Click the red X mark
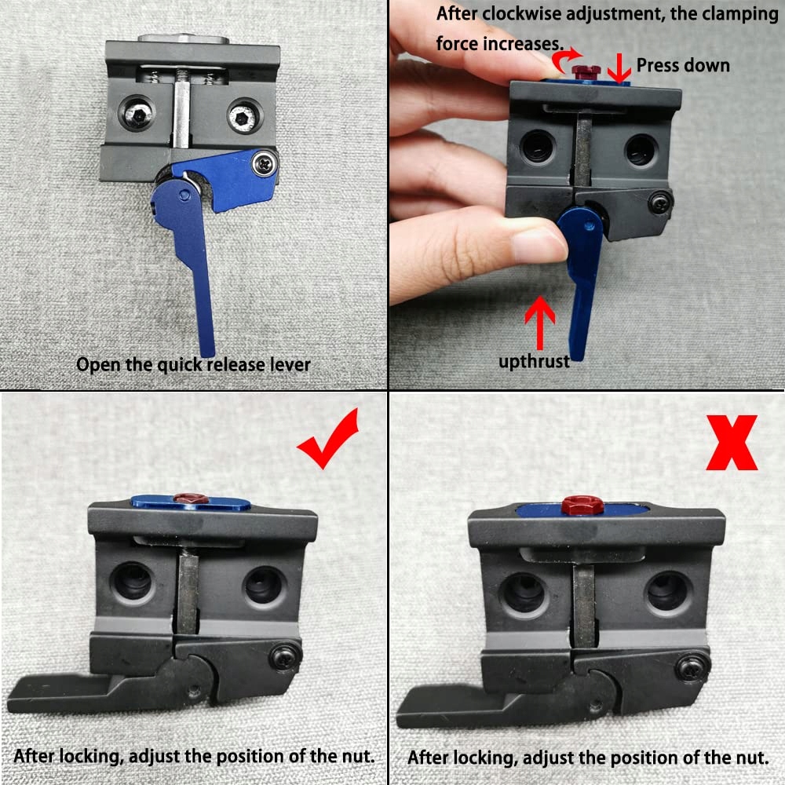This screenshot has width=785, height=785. [732, 443]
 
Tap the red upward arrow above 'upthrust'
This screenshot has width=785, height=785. [540, 323]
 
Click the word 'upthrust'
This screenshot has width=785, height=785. [534, 361]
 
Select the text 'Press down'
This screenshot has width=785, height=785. [683, 66]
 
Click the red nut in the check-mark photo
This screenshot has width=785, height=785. [190, 498]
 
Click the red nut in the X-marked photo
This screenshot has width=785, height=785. [582, 505]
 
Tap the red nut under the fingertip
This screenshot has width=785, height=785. [586, 71]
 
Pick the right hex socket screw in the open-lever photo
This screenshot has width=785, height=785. [244, 115]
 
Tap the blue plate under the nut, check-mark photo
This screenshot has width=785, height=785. [191, 502]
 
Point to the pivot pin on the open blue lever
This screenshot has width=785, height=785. [184, 194]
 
